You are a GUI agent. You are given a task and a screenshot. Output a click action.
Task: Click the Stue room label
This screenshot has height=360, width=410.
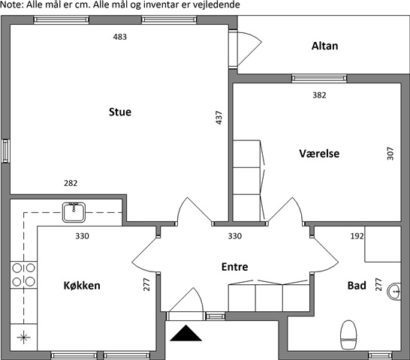(x=120, y=112)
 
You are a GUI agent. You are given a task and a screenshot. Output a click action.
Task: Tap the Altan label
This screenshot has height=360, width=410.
(x=324, y=46)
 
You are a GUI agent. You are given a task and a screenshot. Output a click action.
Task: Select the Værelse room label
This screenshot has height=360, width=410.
(x=319, y=153)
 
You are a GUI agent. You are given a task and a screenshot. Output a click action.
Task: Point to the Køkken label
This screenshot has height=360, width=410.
(x=82, y=285)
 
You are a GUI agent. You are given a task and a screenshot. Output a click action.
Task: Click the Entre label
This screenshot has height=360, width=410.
(x=235, y=267)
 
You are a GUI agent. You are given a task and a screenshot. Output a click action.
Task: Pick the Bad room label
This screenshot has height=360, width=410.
(x=357, y=286)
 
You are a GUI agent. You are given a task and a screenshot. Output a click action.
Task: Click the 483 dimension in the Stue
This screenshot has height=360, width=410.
(x=120, y=37)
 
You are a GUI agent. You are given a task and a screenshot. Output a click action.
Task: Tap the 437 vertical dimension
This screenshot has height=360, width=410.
(x=219, y=118)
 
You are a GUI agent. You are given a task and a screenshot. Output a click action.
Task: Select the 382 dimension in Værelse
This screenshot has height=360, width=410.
(x=319, y=95)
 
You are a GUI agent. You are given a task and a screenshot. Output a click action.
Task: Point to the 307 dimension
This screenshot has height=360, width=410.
(x=390, y=153)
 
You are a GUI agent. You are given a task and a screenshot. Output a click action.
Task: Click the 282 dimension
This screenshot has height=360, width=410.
(x=71, y=183)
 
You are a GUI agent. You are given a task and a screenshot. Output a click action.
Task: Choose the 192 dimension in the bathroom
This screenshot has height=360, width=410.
(x=357, y=236)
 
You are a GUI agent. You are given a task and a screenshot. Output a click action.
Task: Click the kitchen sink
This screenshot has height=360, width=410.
(x=74, y=212)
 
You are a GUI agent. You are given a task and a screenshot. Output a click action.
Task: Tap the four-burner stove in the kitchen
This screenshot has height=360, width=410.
(x=23, y=274)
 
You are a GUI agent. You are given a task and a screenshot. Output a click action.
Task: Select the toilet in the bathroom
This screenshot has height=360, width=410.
(x=348, y=334)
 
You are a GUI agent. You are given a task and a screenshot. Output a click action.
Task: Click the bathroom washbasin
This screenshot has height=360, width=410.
(x=394, y=291)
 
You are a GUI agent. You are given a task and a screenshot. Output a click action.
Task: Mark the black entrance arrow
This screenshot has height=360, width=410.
(x=186, y=333)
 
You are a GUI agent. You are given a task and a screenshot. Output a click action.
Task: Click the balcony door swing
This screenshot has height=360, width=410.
(x=249, y=49)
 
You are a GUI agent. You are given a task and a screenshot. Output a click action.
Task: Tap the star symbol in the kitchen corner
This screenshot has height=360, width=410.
(x=23, y=337)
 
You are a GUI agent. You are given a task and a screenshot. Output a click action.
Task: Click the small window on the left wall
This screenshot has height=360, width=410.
(x=5, y=151)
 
